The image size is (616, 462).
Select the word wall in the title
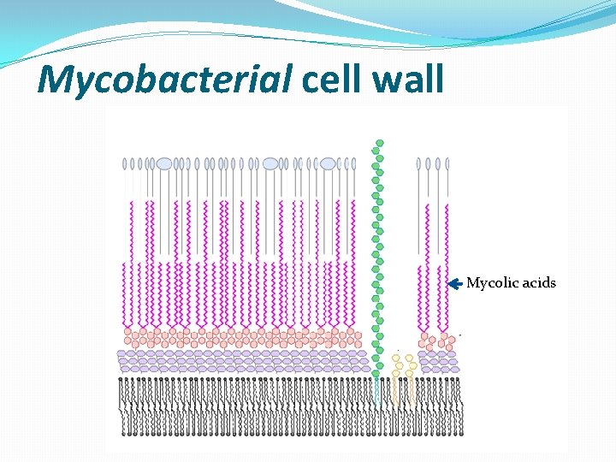coord(411,80)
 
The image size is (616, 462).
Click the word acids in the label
coord(537,282)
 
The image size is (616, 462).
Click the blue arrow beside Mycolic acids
coord(455,282)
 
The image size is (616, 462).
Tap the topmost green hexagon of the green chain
coord(379,144)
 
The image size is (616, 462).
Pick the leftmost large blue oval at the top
coord(164,163)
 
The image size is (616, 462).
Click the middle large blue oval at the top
coord(270,163)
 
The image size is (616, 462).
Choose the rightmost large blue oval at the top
coord(328,163)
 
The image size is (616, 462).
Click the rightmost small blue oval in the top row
coord(447,163)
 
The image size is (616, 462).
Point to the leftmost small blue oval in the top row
coord(126,163)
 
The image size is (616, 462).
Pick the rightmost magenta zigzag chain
coord(445,295)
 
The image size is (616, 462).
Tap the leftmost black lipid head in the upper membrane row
coord(121,380)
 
